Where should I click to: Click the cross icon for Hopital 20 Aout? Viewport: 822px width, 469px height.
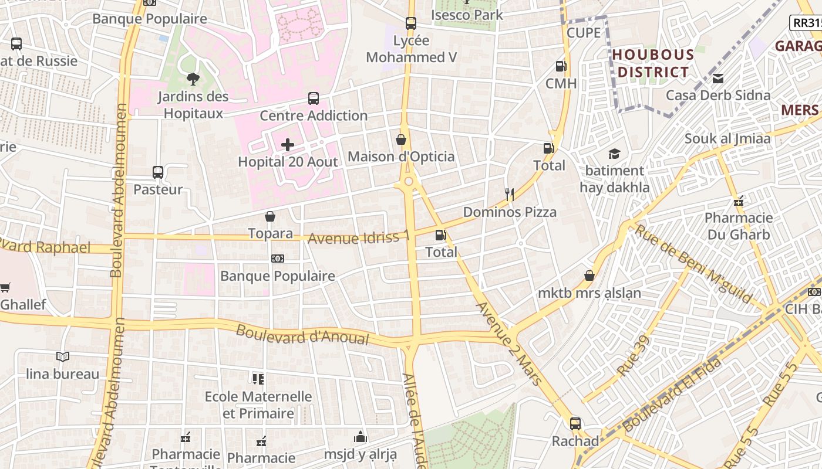point(288,144)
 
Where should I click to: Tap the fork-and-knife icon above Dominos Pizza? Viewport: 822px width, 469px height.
point(510,195)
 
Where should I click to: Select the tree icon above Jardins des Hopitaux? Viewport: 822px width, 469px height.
point(192,79)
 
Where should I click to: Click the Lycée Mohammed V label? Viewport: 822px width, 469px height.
point(411,49)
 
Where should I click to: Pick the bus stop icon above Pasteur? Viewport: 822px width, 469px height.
point(158,172)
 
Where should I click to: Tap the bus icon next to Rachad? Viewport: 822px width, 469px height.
point(575,423)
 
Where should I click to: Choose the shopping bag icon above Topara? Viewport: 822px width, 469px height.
point(270,216)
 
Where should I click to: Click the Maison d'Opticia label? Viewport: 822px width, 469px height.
point(401,157)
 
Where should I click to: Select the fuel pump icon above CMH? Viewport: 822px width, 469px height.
point(561,66)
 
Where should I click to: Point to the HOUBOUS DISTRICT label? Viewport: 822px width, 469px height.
point(653,63)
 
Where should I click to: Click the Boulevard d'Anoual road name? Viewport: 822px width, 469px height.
point(302,335)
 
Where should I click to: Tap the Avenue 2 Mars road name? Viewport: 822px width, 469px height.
point(508,344)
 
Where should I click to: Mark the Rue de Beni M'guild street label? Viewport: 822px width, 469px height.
point(692,264)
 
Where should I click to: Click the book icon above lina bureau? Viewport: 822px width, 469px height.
point(63,356)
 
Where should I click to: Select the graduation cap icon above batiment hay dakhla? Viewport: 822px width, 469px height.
point(614,154)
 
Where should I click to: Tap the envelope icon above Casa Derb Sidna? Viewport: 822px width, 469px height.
point(717,78)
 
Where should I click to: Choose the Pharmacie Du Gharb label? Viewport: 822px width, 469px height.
point(739,226)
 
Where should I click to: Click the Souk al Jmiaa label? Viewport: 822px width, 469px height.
point(727,139)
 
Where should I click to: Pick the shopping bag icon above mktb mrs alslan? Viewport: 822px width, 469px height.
point(589,276)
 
